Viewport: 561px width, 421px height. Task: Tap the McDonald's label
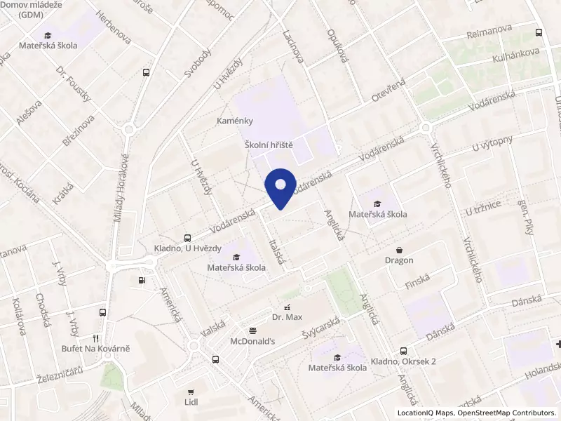(252, 341)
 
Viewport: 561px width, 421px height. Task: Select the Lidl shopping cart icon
(190, 392)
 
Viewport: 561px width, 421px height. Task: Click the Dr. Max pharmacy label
(286, 317)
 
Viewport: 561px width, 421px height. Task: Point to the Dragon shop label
(399, 260)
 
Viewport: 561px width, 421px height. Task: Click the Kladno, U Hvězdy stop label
(188, 248)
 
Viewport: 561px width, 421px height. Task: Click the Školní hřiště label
(268, 144)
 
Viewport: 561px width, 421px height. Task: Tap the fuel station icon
(142, 281)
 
